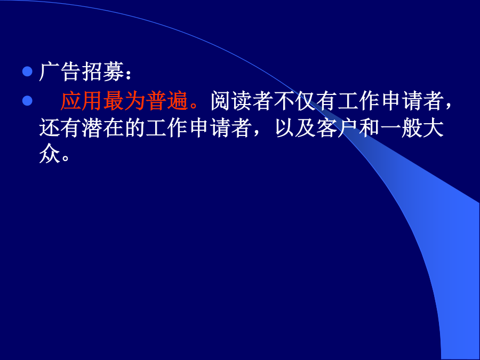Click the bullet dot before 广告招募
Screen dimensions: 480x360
(27, 71)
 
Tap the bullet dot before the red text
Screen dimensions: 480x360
(27, 101)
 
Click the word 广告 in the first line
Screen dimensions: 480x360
(60, 71)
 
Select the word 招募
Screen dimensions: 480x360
(103, 71)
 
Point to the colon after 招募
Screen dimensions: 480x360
(129, 74)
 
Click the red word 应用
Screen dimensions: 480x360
(82, 101)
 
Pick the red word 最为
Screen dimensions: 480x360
(124, 101)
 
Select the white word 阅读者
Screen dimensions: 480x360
(242, 101)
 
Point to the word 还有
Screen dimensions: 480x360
(60, 128)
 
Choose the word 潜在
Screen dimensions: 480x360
(103, 128)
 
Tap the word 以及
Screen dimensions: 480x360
(295, 128)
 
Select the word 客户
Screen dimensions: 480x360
(338, 128)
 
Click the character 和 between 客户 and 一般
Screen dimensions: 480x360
(370, 128)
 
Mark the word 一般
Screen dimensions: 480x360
(401, 128)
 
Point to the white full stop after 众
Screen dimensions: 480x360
(65, 158)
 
